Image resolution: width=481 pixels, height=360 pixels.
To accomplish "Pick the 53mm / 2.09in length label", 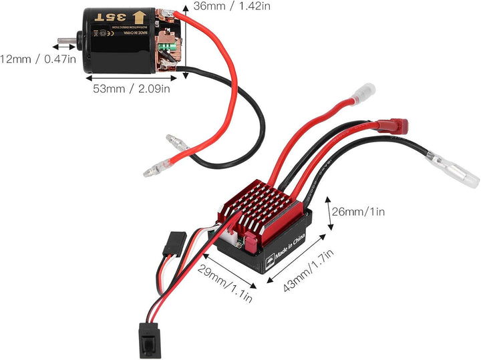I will (130, 87).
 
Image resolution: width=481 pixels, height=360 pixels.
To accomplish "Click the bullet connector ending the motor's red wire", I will (154, 170).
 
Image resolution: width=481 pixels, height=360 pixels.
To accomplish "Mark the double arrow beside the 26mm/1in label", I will (329, 212).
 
